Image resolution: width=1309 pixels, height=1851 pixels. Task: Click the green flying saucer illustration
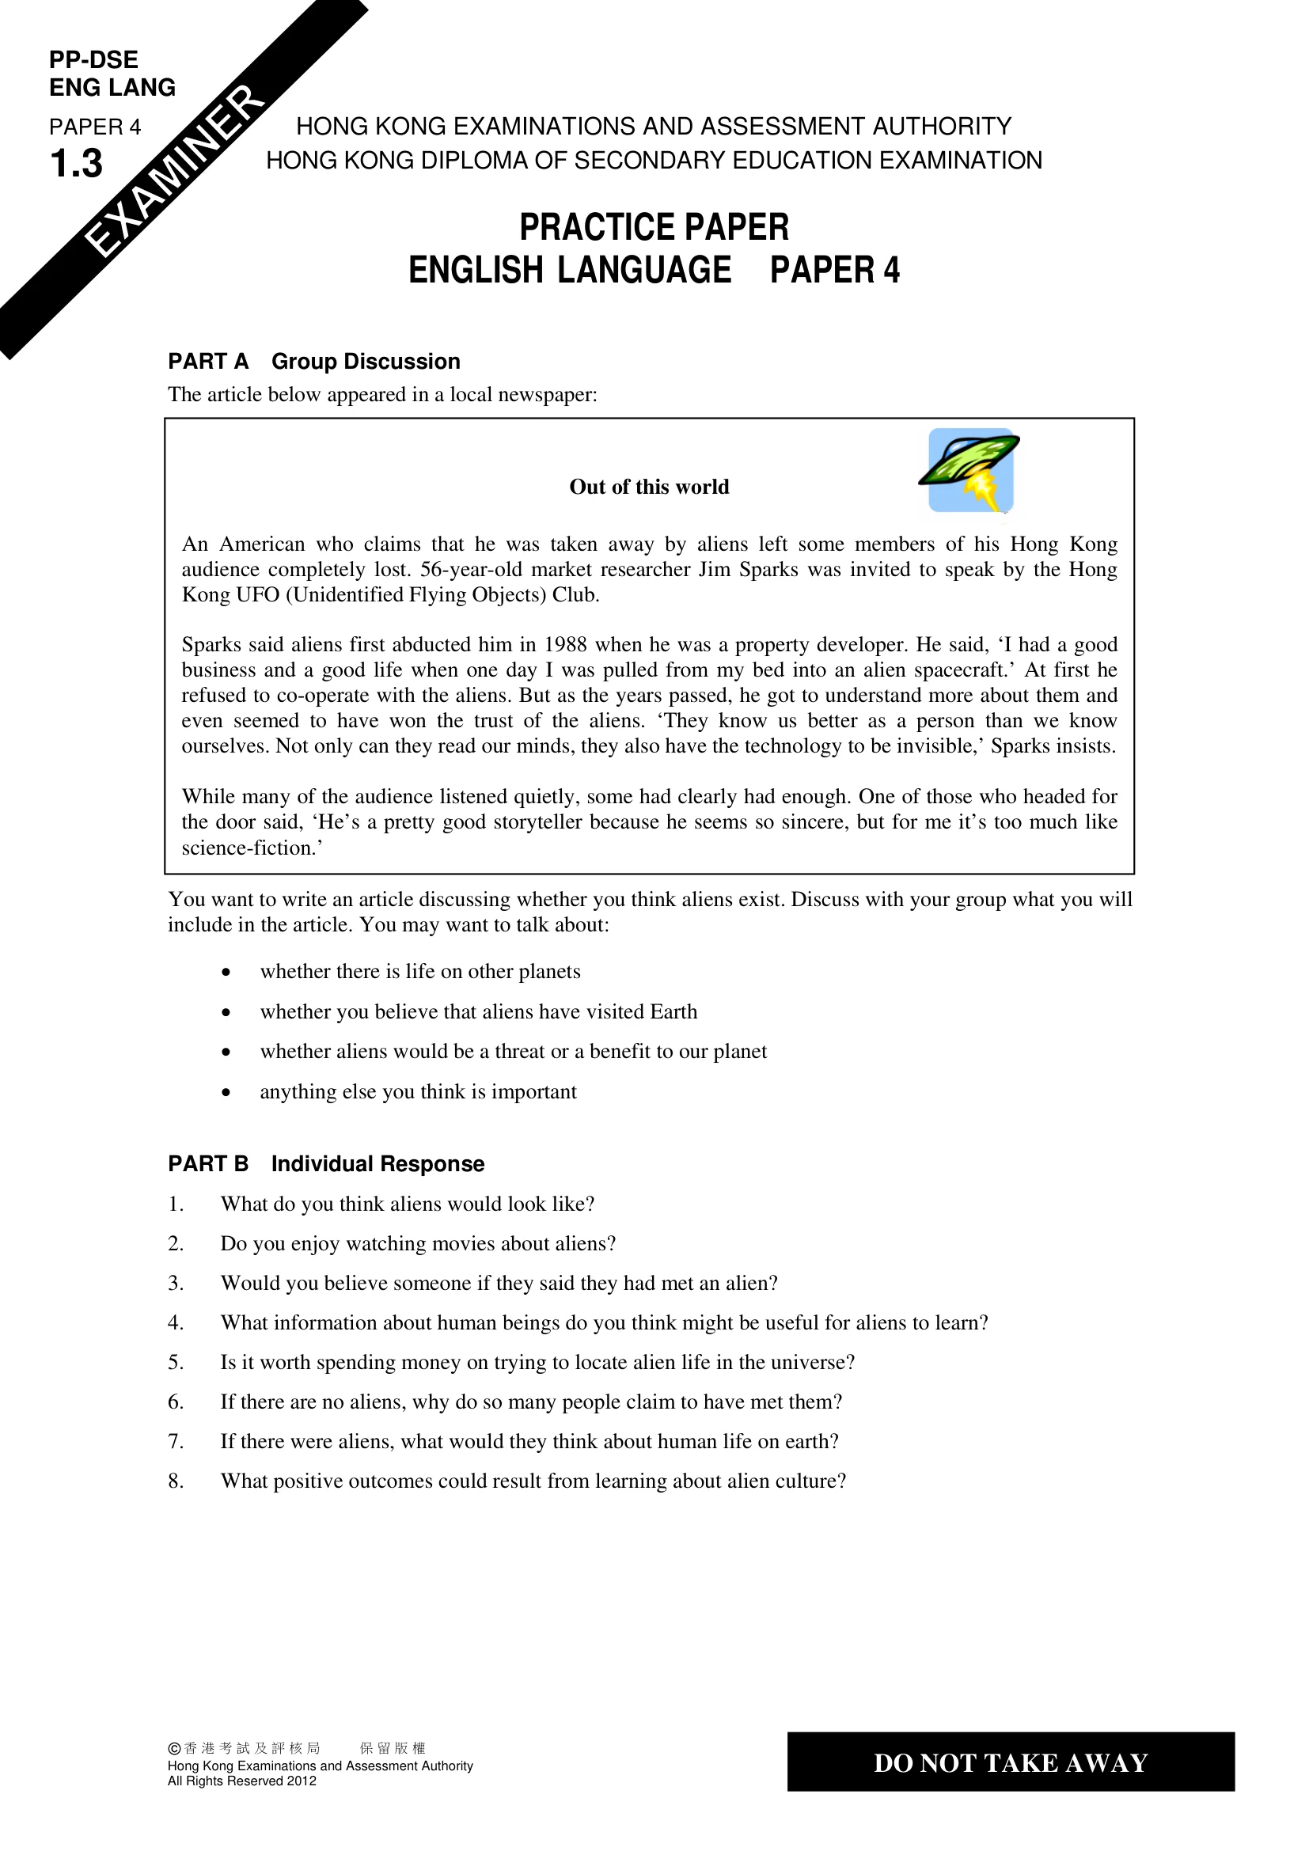969,470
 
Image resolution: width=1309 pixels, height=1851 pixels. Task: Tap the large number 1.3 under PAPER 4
77,164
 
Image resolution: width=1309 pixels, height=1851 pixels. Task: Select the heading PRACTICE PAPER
654,227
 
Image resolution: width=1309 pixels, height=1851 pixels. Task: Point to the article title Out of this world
649,487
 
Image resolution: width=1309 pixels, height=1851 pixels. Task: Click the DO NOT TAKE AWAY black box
1010,1762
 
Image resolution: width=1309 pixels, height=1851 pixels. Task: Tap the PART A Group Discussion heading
313,361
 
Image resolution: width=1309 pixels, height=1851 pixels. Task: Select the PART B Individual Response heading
325,1163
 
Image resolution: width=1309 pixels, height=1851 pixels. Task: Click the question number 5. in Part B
176,1363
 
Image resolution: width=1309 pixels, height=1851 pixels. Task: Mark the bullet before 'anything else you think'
226,1093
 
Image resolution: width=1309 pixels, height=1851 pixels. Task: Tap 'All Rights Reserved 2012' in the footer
242,1781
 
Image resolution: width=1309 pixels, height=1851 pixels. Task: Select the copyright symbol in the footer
174,1749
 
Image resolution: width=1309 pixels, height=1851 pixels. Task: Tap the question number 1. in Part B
176,1204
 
